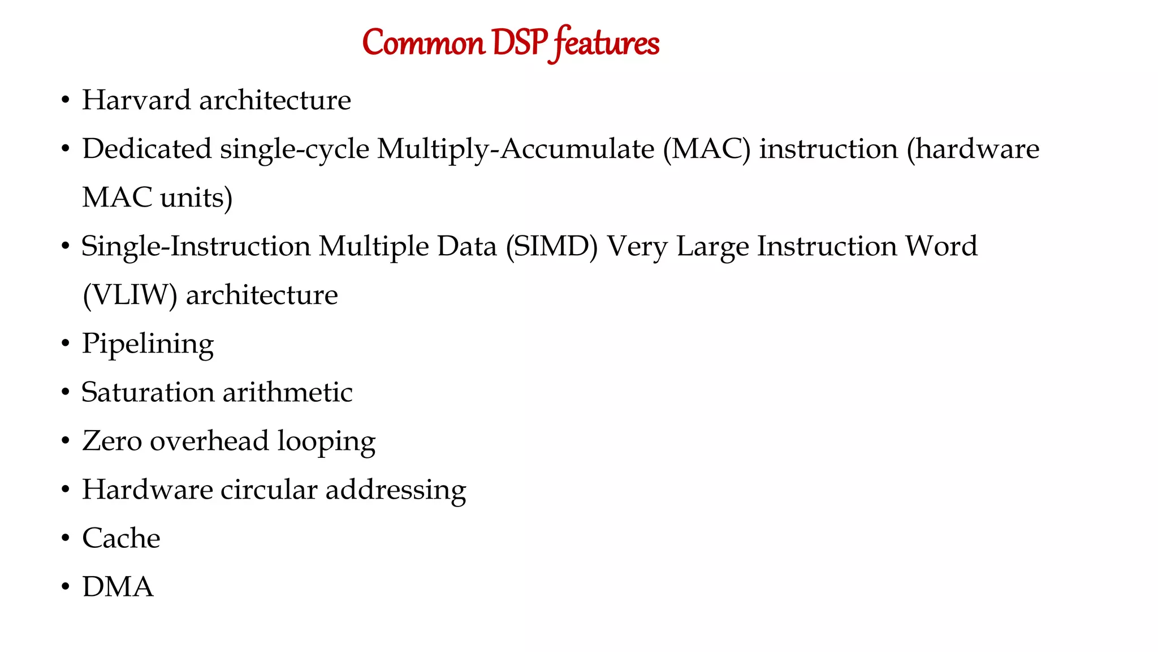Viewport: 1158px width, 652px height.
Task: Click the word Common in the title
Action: click(423, 43)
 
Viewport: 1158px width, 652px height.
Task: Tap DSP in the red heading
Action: click(520, 43)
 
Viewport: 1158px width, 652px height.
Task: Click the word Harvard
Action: click(136, 100)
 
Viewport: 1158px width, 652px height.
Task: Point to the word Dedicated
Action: click(146, 149)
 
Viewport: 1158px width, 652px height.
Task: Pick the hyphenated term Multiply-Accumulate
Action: click(515, 149)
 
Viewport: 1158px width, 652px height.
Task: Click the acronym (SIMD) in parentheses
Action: click(551, 247)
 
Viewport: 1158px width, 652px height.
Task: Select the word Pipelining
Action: click(148, 344)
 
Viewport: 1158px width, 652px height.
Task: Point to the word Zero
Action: click(111, 441)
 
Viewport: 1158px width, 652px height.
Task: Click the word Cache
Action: click(121, 538)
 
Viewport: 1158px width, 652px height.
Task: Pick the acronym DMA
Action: click(118, 587)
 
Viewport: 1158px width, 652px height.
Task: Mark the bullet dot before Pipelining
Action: click(66, 344)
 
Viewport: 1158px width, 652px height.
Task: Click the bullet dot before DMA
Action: click(66, 587)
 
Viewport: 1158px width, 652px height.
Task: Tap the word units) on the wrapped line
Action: click(196, 198)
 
